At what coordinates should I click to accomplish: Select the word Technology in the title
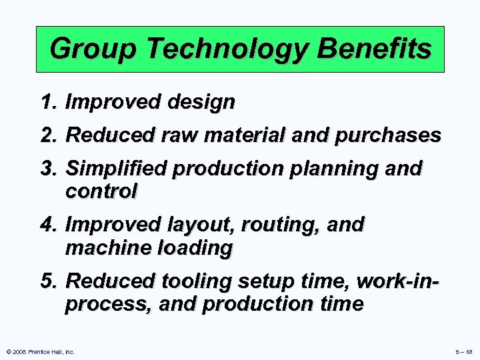197,49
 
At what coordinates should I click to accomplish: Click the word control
101,192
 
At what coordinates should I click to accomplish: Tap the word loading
195,248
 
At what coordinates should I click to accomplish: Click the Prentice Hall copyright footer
39,351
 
